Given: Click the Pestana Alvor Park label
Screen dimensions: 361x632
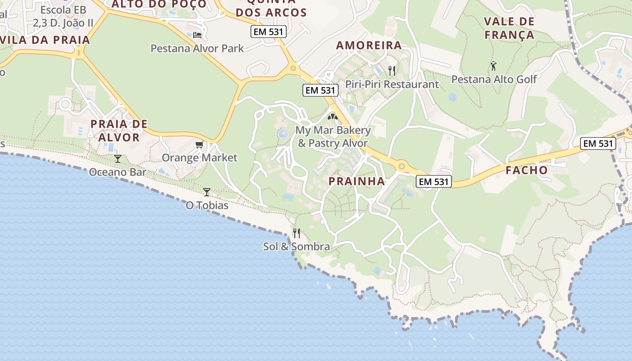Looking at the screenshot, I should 197,48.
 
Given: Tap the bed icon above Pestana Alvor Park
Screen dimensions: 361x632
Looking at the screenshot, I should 197,35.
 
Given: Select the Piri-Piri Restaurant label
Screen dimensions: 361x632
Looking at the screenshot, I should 392,84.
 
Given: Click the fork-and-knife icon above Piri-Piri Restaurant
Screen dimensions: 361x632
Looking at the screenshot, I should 392,70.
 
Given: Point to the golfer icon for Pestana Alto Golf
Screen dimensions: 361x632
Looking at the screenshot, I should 493,66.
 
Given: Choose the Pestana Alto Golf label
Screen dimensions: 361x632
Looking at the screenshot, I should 494,79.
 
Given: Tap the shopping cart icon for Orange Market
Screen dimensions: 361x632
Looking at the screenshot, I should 199,144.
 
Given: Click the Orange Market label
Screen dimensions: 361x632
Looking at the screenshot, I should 199,157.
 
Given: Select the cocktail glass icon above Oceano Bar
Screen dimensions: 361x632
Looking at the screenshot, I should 118,158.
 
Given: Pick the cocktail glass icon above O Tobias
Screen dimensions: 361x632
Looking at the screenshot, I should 207,192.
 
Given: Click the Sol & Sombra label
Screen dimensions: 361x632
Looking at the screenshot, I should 297,247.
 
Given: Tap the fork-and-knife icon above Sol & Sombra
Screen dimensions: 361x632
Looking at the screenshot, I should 297,233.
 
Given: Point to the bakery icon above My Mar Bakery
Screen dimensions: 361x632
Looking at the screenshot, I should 333,117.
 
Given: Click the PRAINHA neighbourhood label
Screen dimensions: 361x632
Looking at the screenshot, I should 357,181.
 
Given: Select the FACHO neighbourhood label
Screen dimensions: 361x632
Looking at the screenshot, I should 526,171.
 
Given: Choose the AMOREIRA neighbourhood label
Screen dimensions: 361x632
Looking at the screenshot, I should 369,45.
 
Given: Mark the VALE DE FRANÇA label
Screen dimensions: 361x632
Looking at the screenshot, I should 509,28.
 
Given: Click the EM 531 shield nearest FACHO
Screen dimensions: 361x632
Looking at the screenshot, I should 598,143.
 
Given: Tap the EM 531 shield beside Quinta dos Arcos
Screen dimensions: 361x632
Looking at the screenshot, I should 269,32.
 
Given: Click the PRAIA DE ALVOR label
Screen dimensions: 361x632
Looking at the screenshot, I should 119,130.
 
